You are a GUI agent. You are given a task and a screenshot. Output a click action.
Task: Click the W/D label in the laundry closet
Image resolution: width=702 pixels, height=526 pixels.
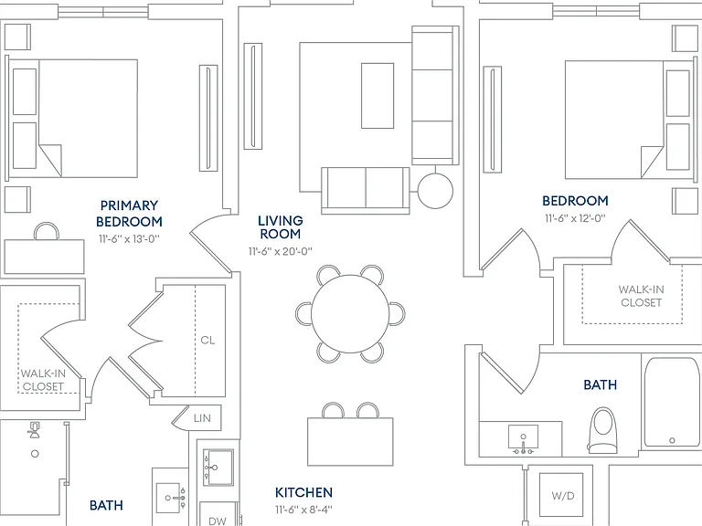click(563, 496)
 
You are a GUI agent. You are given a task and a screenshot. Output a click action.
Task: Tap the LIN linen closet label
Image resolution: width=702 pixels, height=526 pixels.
click(202, 418)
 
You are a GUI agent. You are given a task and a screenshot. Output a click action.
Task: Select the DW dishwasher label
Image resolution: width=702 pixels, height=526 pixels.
click(218, 521)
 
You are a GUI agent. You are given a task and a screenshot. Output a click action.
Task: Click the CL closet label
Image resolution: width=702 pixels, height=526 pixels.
click(207, 341)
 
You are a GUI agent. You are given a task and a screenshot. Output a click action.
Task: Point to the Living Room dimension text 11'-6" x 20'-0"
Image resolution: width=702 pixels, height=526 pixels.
click(281, 251)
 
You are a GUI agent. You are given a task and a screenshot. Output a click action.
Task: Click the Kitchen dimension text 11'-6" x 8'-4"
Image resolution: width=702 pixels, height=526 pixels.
click(304, 510)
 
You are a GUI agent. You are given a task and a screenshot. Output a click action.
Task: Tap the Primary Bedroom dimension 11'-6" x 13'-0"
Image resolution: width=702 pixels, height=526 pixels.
click(130, 239)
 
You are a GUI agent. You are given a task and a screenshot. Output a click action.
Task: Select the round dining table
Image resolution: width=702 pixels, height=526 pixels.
click(350, 313)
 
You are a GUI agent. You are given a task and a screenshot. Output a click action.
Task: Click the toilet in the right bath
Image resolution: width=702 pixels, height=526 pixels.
click(602, 430)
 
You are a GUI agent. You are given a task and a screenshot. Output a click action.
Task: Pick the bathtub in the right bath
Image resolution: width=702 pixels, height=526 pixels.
click(672, 402)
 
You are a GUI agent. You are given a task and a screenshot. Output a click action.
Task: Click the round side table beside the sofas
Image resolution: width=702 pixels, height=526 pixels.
click(435, 191)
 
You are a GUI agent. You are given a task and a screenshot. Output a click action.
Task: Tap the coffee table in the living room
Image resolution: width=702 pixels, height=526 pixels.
click(378, 96)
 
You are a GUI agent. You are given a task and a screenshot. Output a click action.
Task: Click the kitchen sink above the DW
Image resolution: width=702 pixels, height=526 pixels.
click(218, 468)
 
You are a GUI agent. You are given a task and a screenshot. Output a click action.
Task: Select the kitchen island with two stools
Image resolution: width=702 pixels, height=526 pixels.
click(350, 441)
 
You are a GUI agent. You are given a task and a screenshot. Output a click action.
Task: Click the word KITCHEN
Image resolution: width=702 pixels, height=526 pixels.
click(304, 492)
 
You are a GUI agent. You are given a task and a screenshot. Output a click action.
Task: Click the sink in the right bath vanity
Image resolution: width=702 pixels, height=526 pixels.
click(523, 437)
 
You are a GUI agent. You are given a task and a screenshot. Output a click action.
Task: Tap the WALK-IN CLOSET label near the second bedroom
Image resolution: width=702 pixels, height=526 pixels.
click(641, 296)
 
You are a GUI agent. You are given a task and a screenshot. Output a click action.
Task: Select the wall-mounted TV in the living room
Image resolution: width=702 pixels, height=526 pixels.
click(253, 96)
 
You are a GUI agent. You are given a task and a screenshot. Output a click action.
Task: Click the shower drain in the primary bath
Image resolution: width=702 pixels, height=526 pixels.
click(35, 454)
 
